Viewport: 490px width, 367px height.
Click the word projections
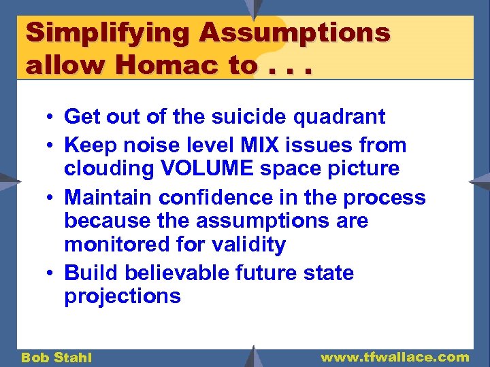click(x=122, y=296)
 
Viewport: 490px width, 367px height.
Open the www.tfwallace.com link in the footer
click(x=395, y=357)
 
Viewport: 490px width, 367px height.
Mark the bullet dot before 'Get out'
click(x=52, y=118)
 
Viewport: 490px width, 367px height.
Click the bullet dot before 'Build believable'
click(x=52, y=274)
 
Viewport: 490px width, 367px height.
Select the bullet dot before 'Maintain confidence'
click(x=52, y=198)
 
